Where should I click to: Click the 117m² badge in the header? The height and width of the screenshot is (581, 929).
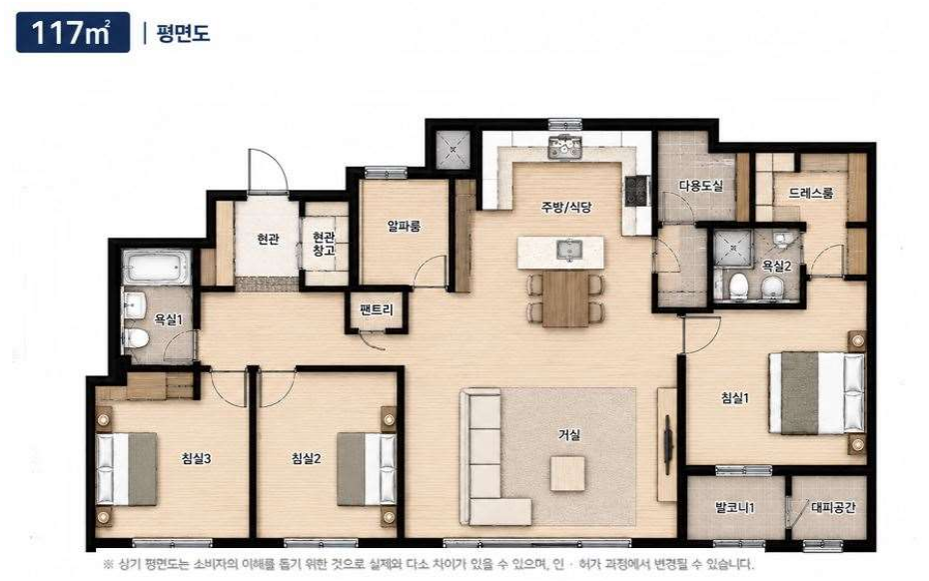[x=73, y=32]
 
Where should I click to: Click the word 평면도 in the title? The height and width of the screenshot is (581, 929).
[x=183, y=32]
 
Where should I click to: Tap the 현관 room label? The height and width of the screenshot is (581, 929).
[x=268, y=239]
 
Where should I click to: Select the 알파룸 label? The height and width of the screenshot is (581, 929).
[x=405, y=226]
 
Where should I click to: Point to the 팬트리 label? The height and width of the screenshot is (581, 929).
[x=377, y=309]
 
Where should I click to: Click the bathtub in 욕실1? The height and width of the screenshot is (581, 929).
[x=157, y=267]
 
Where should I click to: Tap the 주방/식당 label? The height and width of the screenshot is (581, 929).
[x=566, y=207]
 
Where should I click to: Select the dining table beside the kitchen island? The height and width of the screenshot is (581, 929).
[x=565, y=297]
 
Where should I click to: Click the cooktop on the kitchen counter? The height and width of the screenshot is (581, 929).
[x=637, y=191]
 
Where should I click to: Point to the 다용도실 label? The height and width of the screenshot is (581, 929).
[x=701, y=186]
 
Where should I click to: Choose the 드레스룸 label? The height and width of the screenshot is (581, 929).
[x=811, y=193]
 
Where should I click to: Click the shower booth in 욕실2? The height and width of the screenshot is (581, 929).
[x=733, y=248]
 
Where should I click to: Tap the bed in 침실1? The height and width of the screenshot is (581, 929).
[x=817, y=393]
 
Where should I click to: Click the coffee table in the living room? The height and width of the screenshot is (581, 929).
[x=567, y=473]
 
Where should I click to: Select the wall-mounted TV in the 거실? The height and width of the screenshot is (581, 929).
[x=668, y=444]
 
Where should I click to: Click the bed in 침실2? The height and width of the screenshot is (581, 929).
[x=367, y=469]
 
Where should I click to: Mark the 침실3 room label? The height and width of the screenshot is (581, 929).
[x=196, y=458]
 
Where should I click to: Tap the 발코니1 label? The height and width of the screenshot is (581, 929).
[x=734, y=507]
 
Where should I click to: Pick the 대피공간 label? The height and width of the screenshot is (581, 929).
[x=833, y=507]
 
